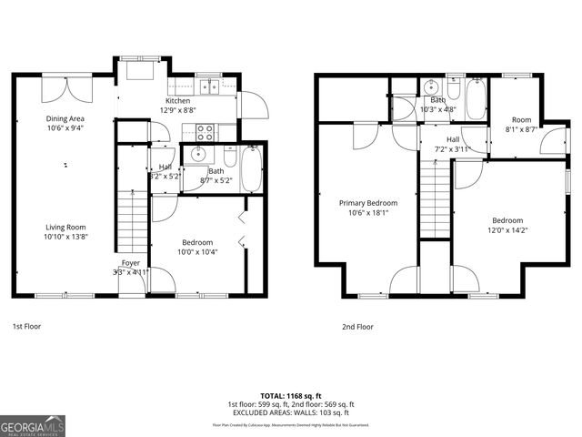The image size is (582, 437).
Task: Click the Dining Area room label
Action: coord(65,118)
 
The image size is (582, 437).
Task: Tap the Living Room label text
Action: coord(65,228)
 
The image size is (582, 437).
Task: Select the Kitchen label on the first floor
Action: coord(177,100)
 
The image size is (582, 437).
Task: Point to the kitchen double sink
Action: coord(210,86)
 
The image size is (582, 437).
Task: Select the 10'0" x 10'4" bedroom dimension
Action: coord(197,252)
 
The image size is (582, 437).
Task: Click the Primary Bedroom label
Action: coord(368,203)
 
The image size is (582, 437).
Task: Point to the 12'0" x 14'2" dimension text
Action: coord(507,230)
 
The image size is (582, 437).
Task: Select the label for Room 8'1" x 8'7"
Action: coord(520,119)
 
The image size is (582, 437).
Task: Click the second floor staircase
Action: coord(434,196)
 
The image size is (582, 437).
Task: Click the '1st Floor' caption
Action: coord(26,326)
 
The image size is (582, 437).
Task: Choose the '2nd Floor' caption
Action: coord(357,326)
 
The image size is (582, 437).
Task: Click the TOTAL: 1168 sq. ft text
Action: coord(290,395)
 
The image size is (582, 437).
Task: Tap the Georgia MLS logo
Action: coord(33,425)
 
